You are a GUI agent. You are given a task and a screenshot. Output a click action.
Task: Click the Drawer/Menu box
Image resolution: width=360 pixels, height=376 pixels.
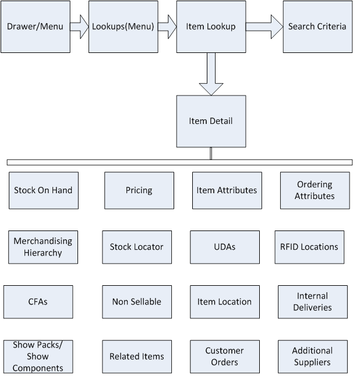tap(35, 27)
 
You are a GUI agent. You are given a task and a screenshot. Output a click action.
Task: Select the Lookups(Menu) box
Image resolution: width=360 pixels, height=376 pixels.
tap(123, 27)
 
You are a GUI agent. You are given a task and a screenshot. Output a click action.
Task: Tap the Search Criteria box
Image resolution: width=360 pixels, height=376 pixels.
tap(317, 27)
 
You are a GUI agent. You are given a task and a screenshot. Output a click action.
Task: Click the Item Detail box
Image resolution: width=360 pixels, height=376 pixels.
tap(211, 121)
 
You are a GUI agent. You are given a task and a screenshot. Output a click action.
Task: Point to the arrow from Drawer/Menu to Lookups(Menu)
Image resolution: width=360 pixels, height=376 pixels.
tap(79, 26)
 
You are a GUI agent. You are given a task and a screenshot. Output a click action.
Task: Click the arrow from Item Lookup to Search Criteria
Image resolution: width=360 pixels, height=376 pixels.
tap(264, 26)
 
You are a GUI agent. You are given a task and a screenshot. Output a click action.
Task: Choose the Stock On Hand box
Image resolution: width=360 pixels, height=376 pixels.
tap(43, 190)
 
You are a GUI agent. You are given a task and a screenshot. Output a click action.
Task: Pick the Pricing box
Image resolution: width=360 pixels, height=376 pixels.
tap(139, 190)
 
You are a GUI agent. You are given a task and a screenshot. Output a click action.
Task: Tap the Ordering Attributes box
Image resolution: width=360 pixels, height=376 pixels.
tap(315, 190)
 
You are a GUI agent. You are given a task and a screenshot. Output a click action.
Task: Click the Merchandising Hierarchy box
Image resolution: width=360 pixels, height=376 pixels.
tap(43, 247)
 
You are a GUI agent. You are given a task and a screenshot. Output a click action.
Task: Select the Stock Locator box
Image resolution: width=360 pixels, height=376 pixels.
tap(137, 247)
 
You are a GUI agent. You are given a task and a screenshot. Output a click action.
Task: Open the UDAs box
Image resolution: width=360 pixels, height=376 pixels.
tap(225, 247)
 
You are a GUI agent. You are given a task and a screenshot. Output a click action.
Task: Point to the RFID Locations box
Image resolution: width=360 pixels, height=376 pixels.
tap(309, 247)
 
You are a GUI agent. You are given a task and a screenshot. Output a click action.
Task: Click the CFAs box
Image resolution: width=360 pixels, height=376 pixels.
tap(38, 301)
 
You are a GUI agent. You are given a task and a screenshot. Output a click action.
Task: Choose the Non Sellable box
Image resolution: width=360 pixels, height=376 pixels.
tap(137, 301)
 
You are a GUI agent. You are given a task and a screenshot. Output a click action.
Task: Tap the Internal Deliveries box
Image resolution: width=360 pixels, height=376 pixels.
tap(312, 301)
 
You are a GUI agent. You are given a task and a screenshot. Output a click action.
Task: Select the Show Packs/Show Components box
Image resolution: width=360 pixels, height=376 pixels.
tap(38, 356)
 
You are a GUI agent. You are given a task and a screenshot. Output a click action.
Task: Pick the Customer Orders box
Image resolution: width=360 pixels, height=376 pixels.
tap(225, 356)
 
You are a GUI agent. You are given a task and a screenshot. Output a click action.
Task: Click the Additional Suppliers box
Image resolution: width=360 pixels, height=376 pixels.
tap(312, 356)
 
